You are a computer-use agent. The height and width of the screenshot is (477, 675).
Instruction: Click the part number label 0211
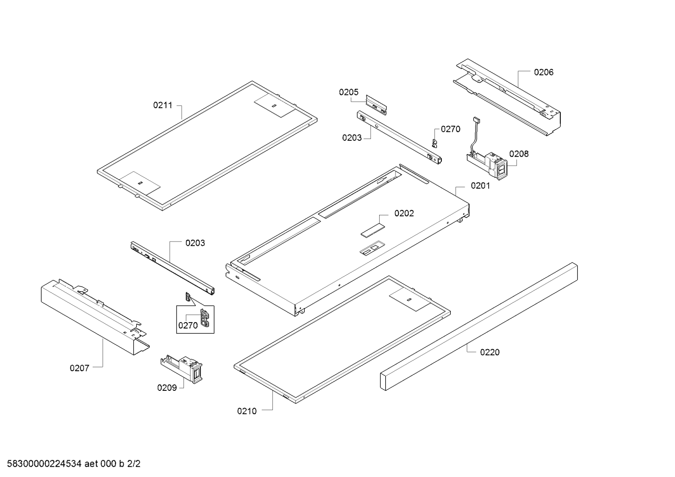tap(163, 105)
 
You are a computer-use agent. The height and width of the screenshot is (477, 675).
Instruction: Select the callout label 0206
tap(543, 72)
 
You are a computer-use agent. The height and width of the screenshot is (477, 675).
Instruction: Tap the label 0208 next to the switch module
tap(519, 154)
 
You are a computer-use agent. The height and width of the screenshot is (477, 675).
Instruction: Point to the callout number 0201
tap(480, 186)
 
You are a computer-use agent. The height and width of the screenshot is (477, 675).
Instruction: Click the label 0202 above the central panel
tap(404, 213)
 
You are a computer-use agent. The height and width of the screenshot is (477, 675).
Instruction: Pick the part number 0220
tap(490, 352)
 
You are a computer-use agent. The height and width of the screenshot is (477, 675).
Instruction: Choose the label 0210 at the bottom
tap(247, 411)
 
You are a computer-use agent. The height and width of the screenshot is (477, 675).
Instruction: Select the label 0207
tap(80, 368)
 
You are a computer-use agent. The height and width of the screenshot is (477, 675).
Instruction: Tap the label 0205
tap(349, 92)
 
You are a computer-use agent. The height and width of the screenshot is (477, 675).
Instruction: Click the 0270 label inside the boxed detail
tap(188, 325)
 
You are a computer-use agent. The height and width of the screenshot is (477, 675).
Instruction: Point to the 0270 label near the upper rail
tap(450, 129)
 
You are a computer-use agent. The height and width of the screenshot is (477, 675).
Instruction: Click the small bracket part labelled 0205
tap(377, 104)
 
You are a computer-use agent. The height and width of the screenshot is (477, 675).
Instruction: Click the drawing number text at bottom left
tap(71, 464)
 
